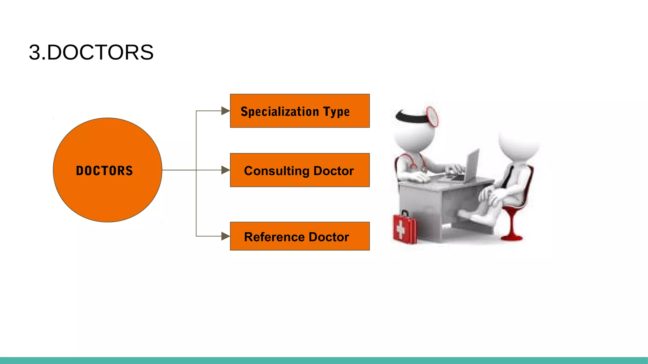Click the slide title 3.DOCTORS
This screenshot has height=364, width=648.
91,52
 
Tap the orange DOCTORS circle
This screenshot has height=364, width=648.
108,170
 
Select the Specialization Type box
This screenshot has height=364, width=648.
300,111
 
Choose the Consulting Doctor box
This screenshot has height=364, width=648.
300,170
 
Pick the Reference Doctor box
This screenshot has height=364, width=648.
300,236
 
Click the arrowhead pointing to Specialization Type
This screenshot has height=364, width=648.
225,111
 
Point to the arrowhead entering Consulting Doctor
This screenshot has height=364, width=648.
225,170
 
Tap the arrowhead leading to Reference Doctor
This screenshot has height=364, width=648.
225,236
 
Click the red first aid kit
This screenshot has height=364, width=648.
405,228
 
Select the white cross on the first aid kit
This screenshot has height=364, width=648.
401,229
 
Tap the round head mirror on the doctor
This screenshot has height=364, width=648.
433,117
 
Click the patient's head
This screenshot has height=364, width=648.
519,142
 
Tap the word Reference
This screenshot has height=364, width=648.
274,237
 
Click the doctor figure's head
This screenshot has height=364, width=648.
413,131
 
